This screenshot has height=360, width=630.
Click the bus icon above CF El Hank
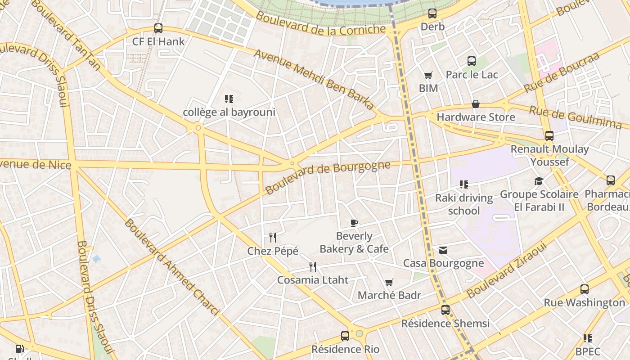click(x=158, y=28)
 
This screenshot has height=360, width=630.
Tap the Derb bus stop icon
click(x=432, y=13)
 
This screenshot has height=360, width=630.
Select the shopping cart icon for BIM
click(x=428, y=75)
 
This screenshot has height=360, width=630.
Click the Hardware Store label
click(x=476, y=117)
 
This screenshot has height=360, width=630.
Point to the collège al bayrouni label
click(x=229, y=112)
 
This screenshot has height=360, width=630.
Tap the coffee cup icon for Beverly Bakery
click(x=354, y=223)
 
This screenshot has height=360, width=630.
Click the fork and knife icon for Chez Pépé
click(x=273, y=237)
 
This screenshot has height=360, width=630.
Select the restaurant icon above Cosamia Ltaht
click(x=313, y=267)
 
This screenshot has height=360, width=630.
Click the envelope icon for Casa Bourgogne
click(x=443, y=250)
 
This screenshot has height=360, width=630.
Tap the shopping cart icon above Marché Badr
click(x=389, y=282)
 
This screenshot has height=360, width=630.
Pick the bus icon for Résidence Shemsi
click(x=445, y=310)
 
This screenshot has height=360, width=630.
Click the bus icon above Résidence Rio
click(x=345, y=336)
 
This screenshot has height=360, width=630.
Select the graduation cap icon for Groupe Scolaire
click(x=539, y=181)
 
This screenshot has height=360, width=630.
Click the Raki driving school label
click(x=464, y=204)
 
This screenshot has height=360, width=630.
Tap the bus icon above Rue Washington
click(x=584, y=289)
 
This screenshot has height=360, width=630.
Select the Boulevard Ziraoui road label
click(x=507, y=270)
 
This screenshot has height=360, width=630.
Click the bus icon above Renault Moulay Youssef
click(x=549, y=136)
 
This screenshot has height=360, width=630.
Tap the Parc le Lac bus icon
click(x=471, y=61)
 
